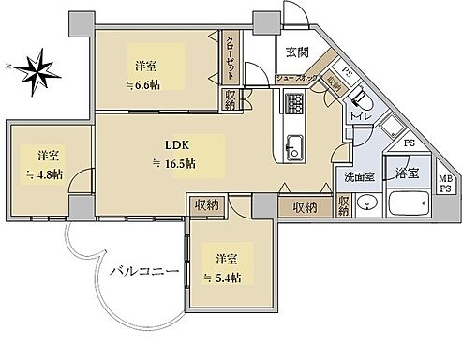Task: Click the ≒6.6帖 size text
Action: pyautogui.click(x=145, y=84)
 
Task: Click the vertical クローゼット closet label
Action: pyautogui.click(x=231, y=57)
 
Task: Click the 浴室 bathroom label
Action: pyautogui.click(x=406, y=174)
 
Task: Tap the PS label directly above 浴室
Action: pyautogui.click(x=409, y=144)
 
